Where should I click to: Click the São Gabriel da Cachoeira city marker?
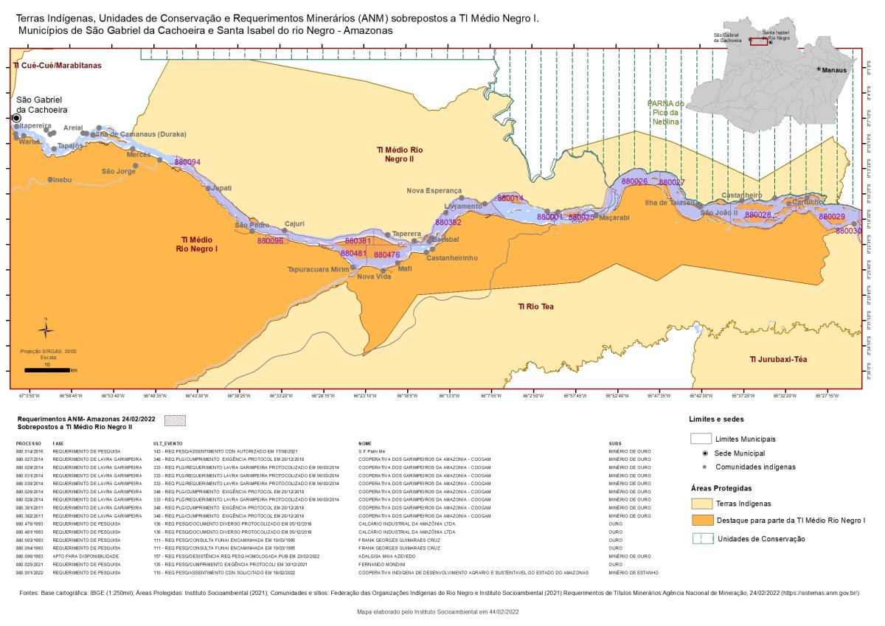pos(16,118)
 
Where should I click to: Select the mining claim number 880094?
pos(187,162)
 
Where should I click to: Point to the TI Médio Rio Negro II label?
pos(400,154)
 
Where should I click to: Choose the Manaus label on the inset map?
pos(834,69)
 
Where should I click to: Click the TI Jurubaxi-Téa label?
pos(780,359)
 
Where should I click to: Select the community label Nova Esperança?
pos(434,190)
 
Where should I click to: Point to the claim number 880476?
pos(386,255)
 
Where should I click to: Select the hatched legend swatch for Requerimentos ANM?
pos(177,421)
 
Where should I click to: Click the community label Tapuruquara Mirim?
pos(318,270)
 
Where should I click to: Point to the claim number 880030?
pos(848,232)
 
